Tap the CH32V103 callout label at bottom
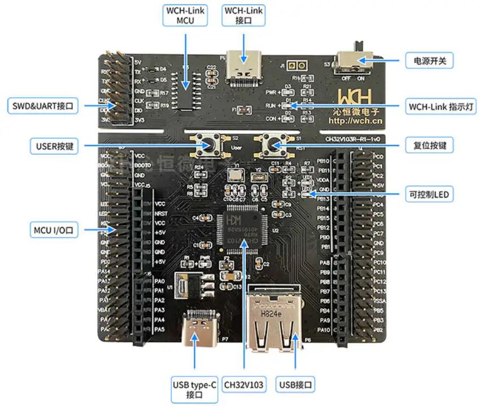(x=244, y=385)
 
